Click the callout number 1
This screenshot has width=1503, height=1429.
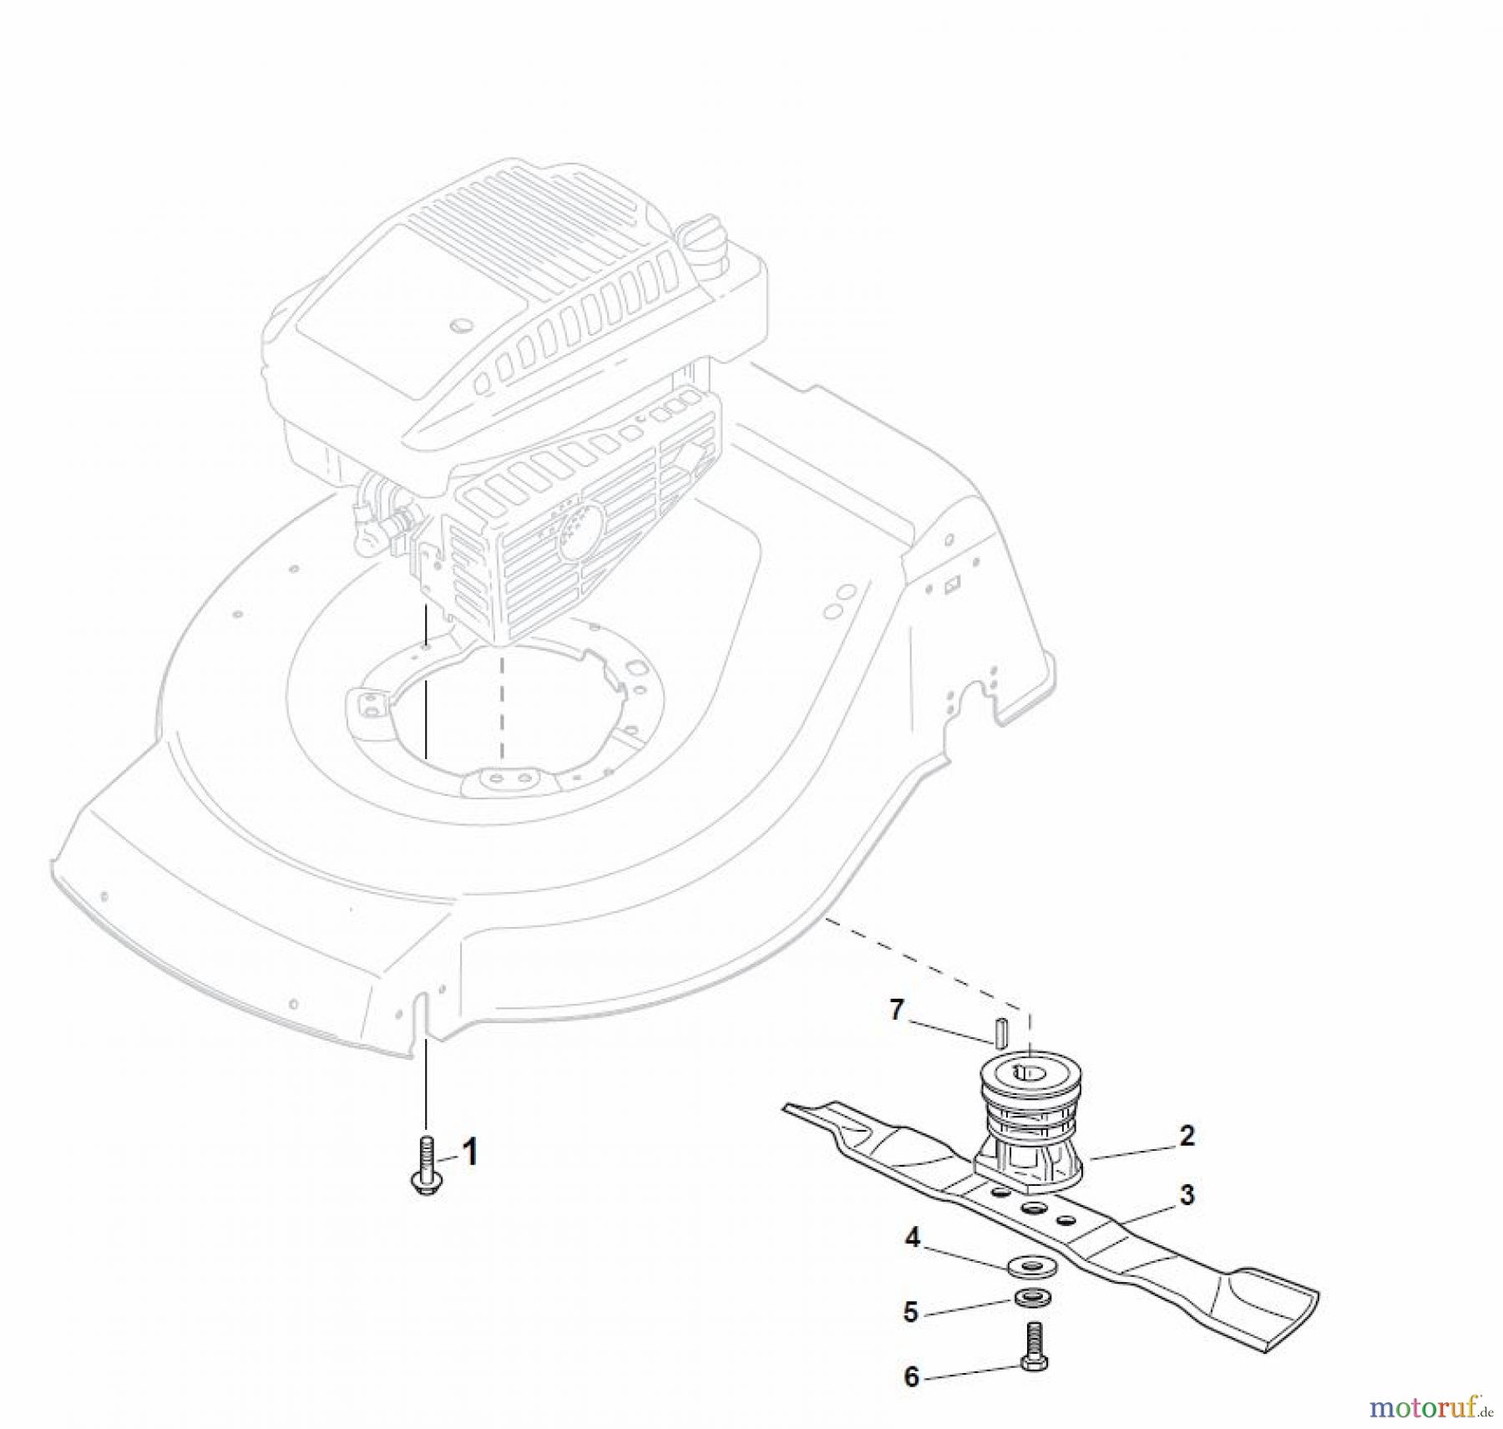tap(470, 1153)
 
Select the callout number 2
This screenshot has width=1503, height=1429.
tap(1187, 1136)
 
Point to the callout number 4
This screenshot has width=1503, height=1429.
tap(913, 1238)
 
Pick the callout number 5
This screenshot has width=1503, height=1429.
tap(911, 1312)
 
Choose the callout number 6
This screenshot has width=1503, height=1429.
tap(912, 1377)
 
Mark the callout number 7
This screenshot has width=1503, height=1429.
tap(897, 1011)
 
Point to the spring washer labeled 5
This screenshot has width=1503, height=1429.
tap(1033, 1299)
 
